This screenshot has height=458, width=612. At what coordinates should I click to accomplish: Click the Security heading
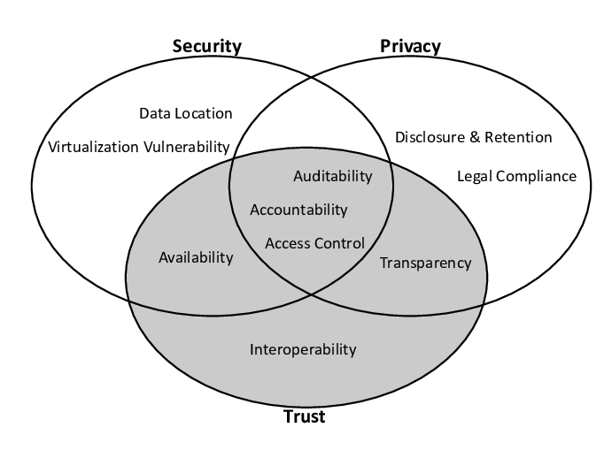[207, 46]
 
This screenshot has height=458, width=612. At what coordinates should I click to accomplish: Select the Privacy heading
[410, 46]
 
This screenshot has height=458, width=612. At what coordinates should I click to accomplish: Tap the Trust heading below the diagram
[304, 416]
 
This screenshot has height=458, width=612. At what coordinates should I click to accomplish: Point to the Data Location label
[186, 113]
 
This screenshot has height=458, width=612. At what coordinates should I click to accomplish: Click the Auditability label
[333, 176]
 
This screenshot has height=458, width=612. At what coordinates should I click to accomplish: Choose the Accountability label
[298, 210]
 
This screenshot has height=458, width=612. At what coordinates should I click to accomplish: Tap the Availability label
[196, 257]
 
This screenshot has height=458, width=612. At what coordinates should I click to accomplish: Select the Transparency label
[425, 263]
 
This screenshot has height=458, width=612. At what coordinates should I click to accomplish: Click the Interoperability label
[303, 349]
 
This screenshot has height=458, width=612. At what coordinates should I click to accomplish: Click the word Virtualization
[93, 147]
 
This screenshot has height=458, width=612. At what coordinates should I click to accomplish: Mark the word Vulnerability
[187, 147]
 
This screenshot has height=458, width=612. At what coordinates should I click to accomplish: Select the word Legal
[475, 176]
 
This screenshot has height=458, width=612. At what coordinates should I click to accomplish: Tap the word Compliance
[537, 176]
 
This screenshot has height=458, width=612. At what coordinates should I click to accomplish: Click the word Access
[285, 243]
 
